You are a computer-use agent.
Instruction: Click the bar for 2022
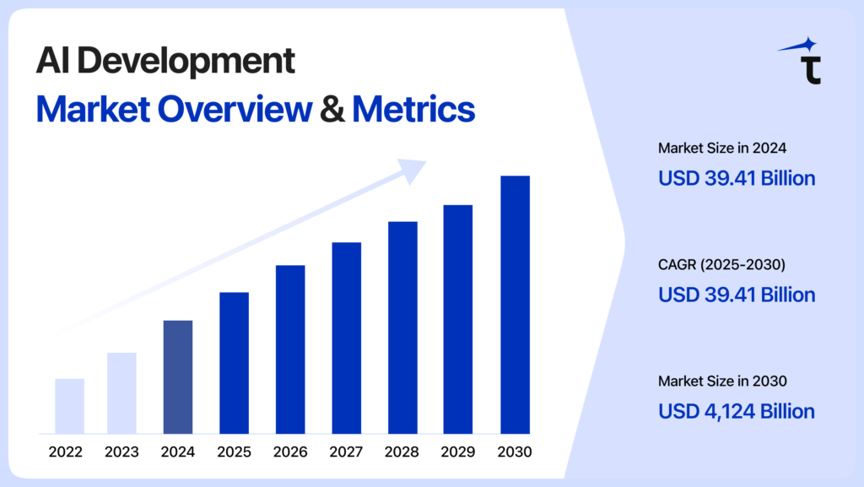coord(69,406)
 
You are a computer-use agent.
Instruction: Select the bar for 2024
coord(177,376)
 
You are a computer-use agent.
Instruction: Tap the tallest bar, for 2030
coord(515,305)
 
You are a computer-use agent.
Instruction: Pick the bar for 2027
coord(346,338)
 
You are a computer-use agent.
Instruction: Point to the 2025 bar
coord(234,363)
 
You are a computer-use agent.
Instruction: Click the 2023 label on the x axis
coord(121,452)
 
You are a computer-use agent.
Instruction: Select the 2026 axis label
coord(290,452)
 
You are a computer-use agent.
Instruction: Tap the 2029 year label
coord(458,452)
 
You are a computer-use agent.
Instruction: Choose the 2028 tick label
coord(402,452)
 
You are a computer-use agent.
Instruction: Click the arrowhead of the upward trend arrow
coord(413,170)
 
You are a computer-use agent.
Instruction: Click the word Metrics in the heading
coord(413,109)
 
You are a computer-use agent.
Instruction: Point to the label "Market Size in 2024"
coord(722,149)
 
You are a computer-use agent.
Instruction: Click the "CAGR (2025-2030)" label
coord(721,265)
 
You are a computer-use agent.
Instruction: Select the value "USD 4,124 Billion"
coord(736,411)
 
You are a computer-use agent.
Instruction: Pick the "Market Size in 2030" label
coord(722,381)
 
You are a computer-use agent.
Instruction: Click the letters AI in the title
coord(51,62)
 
